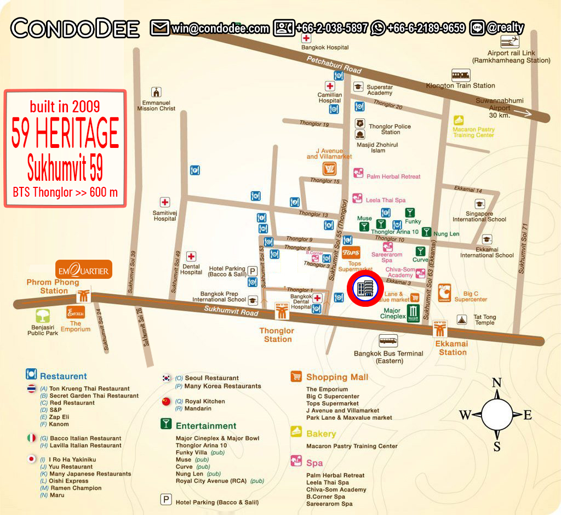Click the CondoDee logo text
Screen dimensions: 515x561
coord(75,28)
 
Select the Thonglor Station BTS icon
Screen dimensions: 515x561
coord(282,311)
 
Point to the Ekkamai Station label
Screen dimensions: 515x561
coord(453,348)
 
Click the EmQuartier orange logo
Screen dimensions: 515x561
coord(84,270)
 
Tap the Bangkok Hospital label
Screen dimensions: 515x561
coord(325,48)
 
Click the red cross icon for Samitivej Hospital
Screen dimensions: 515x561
coord(164,202)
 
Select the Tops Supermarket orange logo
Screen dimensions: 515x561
coord(351,253)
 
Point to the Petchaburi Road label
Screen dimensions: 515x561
coord(334,65)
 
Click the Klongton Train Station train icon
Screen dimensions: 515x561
coord(460,75)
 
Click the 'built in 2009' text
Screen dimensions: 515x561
coord(65,106)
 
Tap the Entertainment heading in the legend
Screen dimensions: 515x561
coord(206,426)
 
